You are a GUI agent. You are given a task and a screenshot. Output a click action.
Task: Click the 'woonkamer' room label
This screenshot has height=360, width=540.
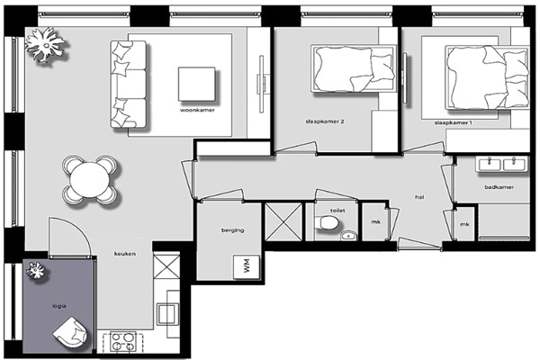coord(197,110)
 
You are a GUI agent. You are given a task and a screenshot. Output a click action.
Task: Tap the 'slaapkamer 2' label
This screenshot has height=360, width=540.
coord(325,121)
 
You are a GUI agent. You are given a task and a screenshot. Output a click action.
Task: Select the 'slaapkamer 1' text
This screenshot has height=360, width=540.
coord(453,122)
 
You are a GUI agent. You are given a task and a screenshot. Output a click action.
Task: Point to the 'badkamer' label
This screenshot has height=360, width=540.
coord(499,187)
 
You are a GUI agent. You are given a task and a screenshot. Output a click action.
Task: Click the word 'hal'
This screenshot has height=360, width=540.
coord(419,197)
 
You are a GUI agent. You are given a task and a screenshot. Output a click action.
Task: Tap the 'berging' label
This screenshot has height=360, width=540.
coord(233,230)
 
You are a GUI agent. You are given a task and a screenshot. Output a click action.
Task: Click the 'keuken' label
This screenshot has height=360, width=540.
coord(125,254)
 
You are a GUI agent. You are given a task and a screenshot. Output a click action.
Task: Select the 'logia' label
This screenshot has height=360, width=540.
coord(59,306)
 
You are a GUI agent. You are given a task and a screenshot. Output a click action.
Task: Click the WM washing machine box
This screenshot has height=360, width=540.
coord(247,266)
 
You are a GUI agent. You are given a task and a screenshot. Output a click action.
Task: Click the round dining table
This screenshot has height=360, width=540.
coord(90,180)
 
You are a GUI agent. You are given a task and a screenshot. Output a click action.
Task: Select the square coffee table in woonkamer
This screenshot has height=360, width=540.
coord(196,84)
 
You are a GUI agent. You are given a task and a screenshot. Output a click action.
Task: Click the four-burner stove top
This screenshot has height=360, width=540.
coord(123,342)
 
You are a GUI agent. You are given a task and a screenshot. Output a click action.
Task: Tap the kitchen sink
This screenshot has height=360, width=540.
coord(167,313)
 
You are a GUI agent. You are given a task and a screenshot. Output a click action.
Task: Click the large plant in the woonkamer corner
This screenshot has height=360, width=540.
coord(45,45)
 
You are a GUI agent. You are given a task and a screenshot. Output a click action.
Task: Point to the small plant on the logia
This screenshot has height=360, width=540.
coord(35,270)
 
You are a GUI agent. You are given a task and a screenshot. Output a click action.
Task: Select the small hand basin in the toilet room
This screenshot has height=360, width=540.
coord(348,236)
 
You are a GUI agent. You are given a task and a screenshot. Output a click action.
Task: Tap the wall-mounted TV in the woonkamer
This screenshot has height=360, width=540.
coord(262,84)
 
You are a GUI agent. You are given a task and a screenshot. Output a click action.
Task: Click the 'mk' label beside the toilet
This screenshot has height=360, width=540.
coord(375,222)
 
